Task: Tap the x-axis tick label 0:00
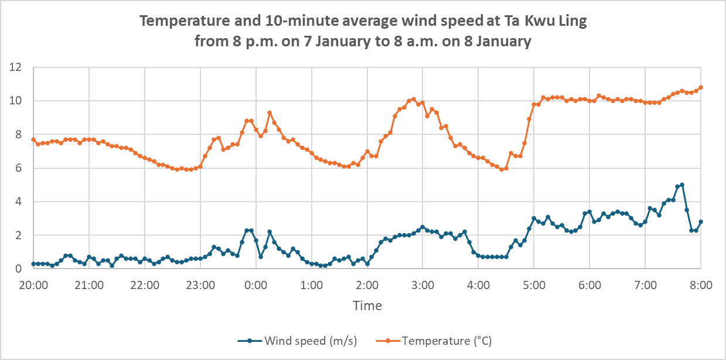[x=255, y=286]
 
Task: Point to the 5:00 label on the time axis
[x=534, y=286]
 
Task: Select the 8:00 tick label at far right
[x=701, y=286]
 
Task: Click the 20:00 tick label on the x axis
[x=33, y=286]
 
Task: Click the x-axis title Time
[x=367, y=305]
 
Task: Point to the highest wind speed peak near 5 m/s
[x=682, y=185]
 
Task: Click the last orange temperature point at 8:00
[x=701, y=87]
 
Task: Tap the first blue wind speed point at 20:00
[x=33, y=264]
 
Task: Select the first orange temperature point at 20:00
[x=33, y=140]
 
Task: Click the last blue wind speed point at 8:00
[x=701, y=222]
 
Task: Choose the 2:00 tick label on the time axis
[x=367, y=286]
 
